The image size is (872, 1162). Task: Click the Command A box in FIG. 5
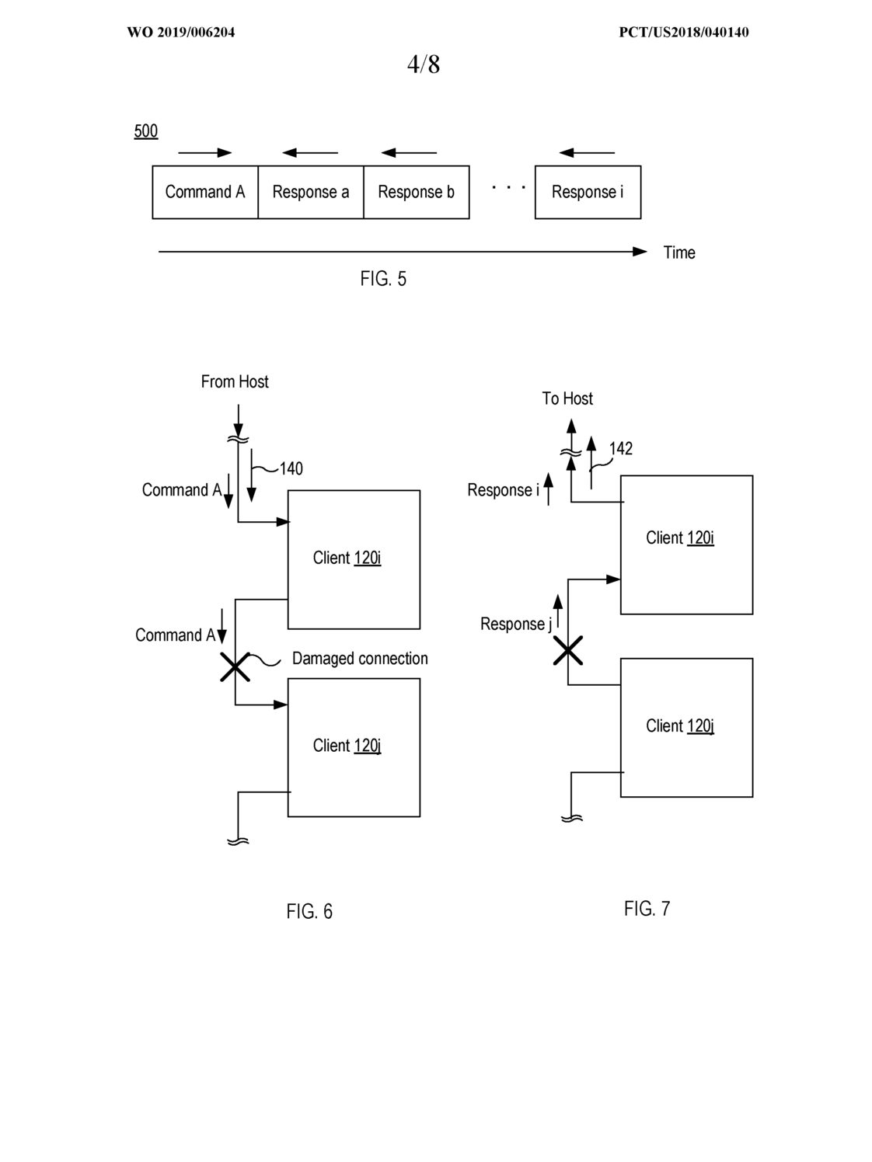click(205, 192)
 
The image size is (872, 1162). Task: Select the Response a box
click(311, 192)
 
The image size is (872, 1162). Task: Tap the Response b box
click(416, 192)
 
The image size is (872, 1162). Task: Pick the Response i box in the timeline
click(588, 192)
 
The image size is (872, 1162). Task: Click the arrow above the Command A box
click(205, 153)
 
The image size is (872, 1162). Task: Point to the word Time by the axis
click(679, 252)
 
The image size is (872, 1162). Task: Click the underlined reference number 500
click(145, 131)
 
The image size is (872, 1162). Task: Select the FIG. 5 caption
click(383, 278)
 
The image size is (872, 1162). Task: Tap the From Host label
click(235, 381)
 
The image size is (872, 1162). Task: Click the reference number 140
click(291, 468)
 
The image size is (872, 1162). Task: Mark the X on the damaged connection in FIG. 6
click(235, 667)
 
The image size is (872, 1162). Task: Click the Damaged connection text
click(360, 658)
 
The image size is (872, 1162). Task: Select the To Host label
click(567, 398)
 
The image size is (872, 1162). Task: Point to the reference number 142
click(620, 448)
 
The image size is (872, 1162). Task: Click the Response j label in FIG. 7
click(516, 624)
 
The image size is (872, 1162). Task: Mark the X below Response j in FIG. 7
click(568, 651)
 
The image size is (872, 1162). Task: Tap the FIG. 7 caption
click(647, 909)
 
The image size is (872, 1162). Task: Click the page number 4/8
click(424, 64)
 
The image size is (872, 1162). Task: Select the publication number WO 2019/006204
click(180, 33)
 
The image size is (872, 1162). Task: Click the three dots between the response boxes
click(509, 187)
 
